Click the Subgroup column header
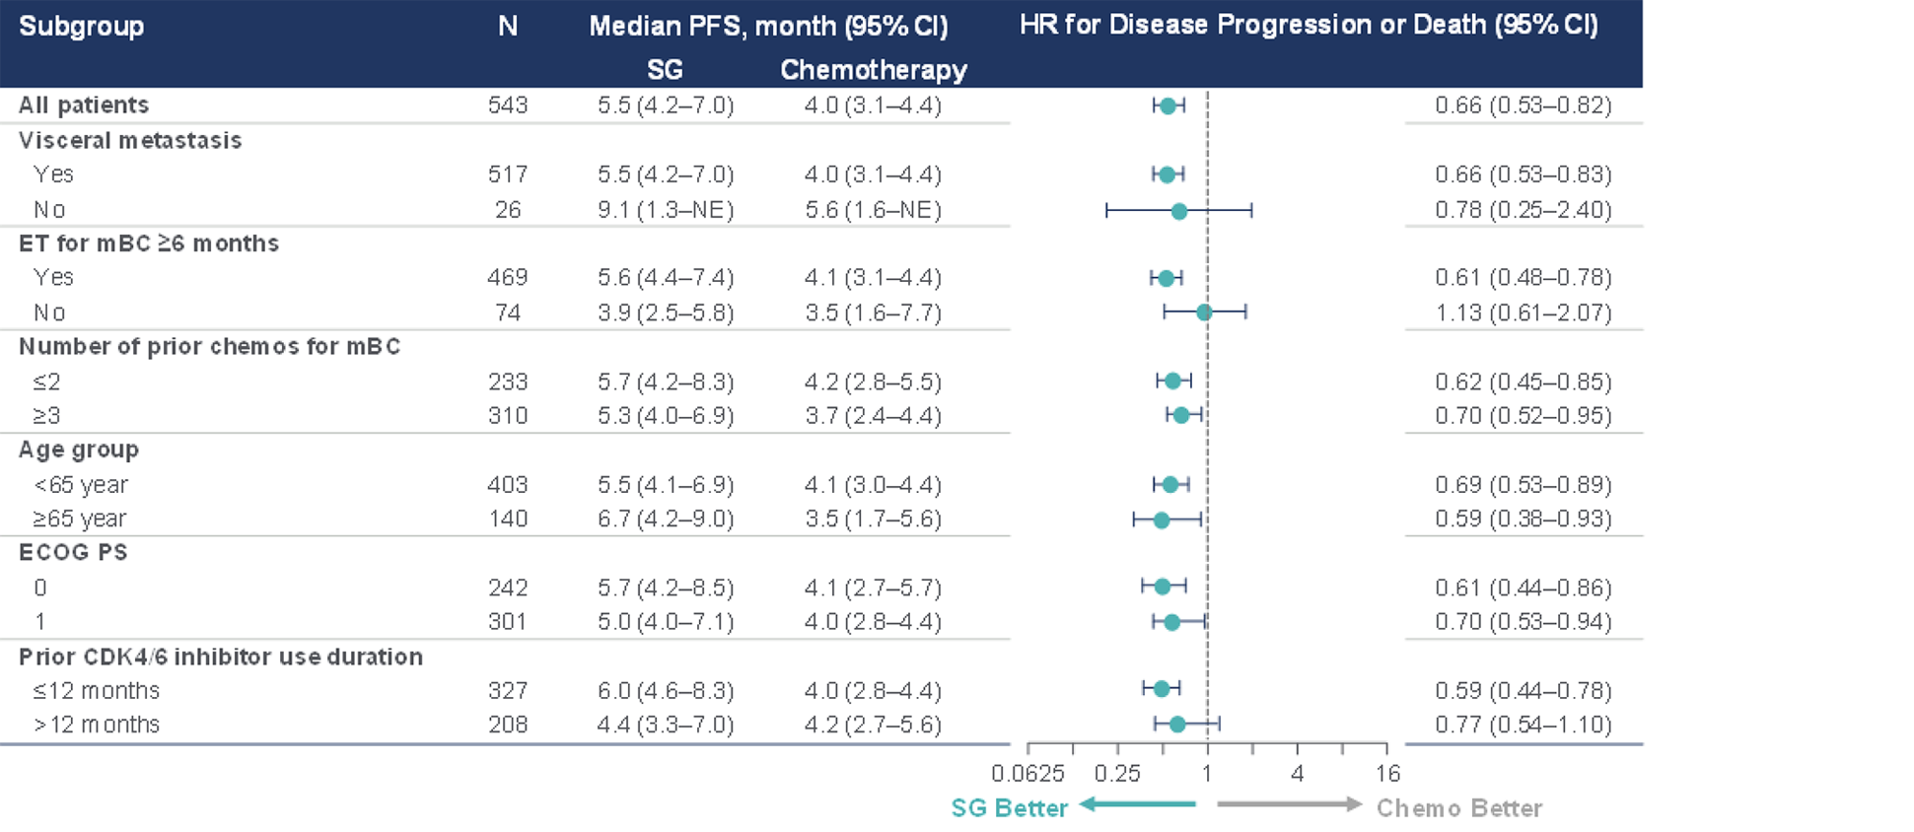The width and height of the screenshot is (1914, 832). coord(82,27)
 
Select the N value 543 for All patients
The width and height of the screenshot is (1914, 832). coord(508,105)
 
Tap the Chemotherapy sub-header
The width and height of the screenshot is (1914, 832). coord(873,70)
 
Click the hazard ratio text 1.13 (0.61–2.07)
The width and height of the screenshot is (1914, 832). coord(1523,312)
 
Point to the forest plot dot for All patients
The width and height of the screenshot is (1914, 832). coord(1168,105)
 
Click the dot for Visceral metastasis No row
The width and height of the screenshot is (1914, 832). coord(1178,210)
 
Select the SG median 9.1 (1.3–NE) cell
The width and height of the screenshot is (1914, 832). coord(666,210)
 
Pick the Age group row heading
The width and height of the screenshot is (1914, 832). coord(79,450)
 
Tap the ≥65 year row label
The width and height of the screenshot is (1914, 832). coord(80,519)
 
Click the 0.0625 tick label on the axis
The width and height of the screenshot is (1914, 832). coord(1028,774)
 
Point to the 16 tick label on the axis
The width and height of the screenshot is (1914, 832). coord(1387,774)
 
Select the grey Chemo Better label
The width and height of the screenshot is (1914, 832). coord(1458,808)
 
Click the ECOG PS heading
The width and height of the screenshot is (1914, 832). coord(73,552)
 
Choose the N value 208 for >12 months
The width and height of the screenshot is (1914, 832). coord(508,725)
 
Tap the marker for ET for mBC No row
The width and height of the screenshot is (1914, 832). coord(1203,312)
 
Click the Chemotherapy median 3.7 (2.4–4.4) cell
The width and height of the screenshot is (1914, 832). coord(873,415)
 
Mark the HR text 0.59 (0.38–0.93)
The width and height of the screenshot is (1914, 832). coord(1523,519)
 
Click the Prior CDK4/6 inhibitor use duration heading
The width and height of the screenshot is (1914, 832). coord(221,657)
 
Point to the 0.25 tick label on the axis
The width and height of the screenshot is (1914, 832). coord(1116,774)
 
